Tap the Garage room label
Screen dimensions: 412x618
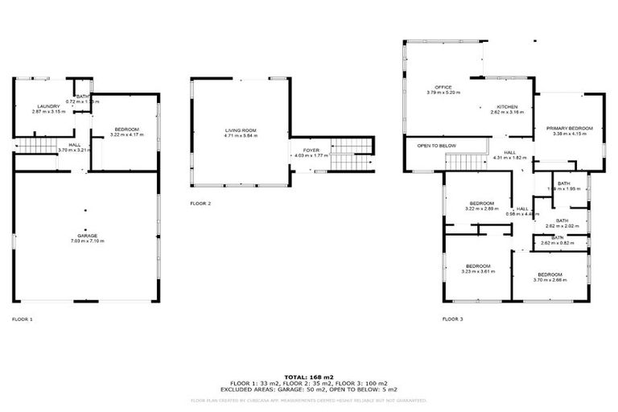tap(86, 235)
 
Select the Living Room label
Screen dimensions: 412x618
tap(240, 130)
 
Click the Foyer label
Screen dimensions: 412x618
tap(311, 150)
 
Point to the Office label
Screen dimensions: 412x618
tap(443, 87)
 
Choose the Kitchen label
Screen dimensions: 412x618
tap(507, 107)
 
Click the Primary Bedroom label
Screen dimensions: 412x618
tap(569, 128)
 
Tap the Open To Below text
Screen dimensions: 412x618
tap(436, 146)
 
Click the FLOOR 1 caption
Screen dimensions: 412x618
tap(23, 319)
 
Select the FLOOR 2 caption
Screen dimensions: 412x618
tap(200, 204)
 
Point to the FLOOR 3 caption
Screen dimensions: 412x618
tap(452, 319)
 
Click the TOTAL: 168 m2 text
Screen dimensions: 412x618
tap(308, 377)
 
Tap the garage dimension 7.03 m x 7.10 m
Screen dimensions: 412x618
tap(86, 241)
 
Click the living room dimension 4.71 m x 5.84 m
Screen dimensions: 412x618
tap(240, 136)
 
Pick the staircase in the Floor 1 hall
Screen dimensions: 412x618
tap(34, 146)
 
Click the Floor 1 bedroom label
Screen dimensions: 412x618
tap(126, 129)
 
